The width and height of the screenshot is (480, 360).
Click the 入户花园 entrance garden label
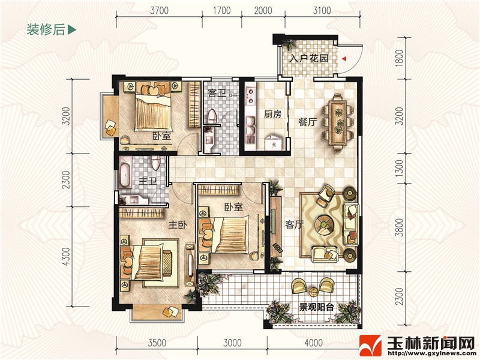click(x=308, y=58)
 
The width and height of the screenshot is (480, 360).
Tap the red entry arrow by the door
click(x=344, y=58)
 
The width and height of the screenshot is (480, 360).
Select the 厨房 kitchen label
click(x=272, y=114)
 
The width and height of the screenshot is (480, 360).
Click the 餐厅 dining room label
click(x=307, y=122)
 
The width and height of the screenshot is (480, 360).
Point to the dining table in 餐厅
click(x=338, y=122)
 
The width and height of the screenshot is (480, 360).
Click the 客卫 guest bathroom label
click(x=217, y=93)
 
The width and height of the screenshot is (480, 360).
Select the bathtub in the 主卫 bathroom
click(x=125, y=175)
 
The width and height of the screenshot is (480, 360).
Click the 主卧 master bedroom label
click(x=177, y=225)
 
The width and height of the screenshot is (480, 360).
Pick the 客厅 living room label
click(x=294, y=224)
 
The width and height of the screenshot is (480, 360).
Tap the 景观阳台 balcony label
click(x=316, y=307)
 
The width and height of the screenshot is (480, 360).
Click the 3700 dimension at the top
click(x=159, y=11)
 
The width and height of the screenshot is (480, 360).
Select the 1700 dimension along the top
click(x=221, y=11)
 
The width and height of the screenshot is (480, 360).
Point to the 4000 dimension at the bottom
click(x=313, y=343)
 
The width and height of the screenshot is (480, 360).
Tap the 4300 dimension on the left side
click(x=66, y=257)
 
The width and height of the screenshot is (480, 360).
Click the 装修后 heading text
click(x=46, y=29)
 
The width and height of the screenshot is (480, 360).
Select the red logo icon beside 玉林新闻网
click(x=370, y=346)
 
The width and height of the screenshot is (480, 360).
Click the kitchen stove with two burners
click(x=250, y=95)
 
